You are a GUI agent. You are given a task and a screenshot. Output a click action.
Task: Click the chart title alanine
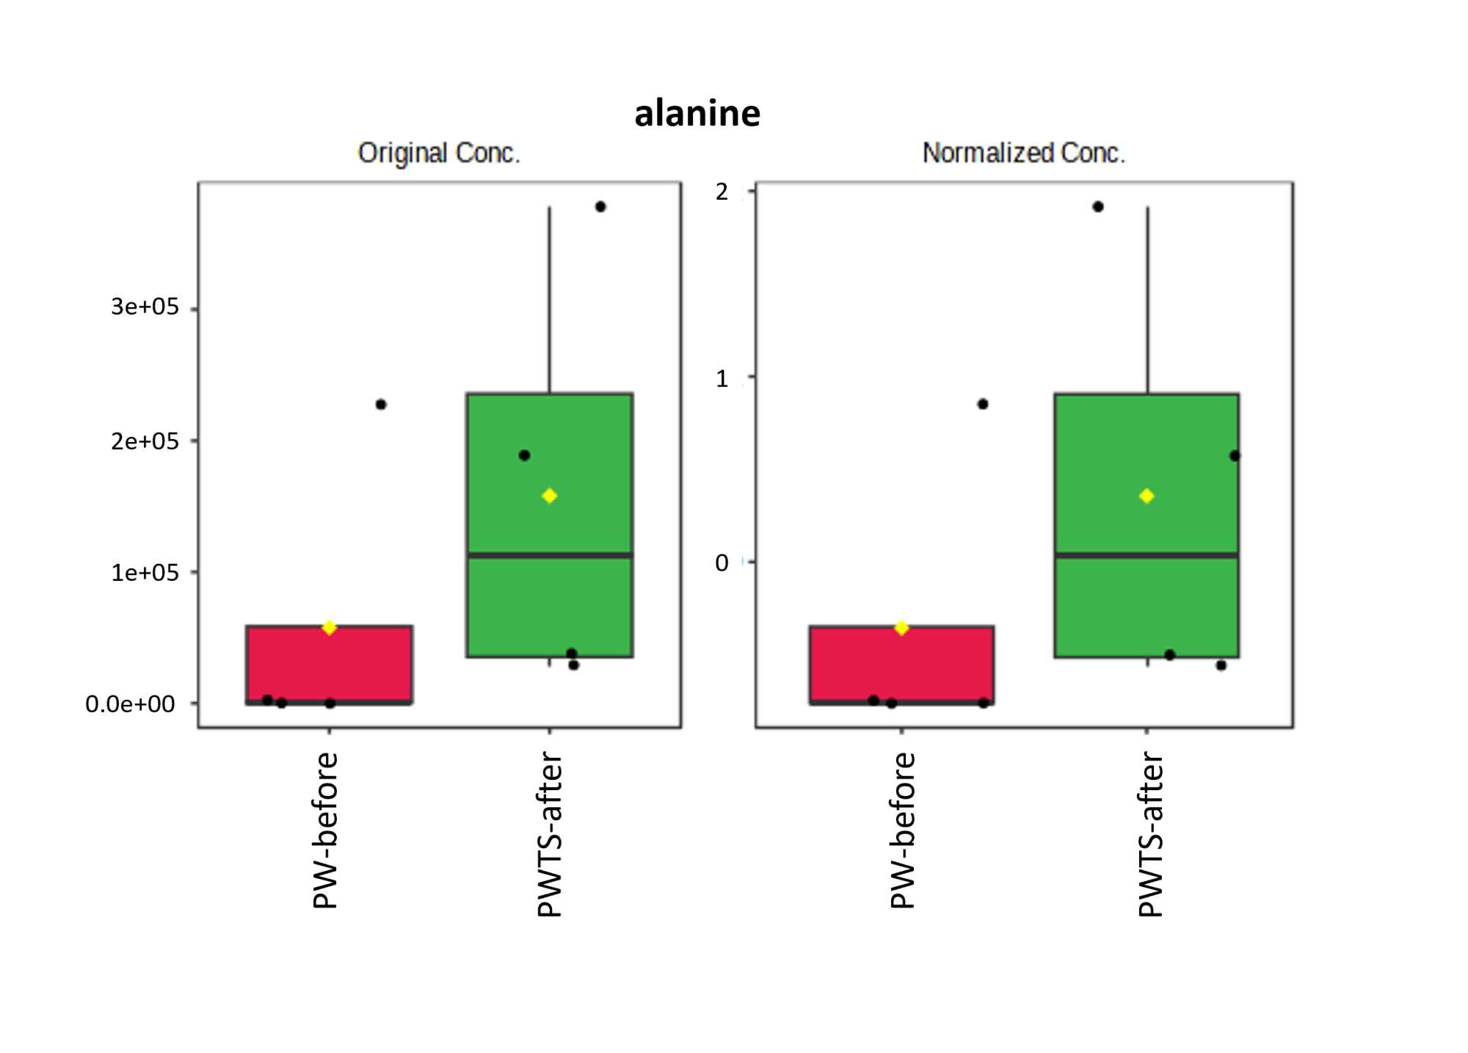pyautogui.click(x=697, y=114)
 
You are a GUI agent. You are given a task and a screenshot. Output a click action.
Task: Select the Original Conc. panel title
pyautogui.click(x=438, y=153)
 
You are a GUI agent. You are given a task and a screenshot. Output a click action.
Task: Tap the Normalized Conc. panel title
pyautogui.click(x=1023, y=153)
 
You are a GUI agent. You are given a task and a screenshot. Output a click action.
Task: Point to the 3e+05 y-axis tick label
pyautogui.click(x=145, y=307)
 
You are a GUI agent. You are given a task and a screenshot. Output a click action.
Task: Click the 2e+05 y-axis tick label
pyautogui.click(x=145, y=441)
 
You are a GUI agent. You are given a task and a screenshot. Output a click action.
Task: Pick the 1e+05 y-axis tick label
pyautogui.click(x=145, y=573)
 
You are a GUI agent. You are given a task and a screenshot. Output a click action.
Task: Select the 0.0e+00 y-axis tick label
pyautogui.click(x=130, y=704)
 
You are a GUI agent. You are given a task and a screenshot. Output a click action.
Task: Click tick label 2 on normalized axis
pyautogui.click(x=722, y=192)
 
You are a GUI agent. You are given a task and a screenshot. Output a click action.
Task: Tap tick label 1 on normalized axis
pyautogui.click(x=722, y=379)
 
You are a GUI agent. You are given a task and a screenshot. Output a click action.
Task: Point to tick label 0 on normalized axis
pyautogui.click(x=722, y=563)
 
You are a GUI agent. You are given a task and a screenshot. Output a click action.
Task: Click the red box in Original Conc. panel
pyautogui.click(x=329, y=665)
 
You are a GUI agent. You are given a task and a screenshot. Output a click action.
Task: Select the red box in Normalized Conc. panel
pyautogui.click(x=901, y=665)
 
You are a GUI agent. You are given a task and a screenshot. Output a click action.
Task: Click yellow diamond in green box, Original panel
pyautogui.click(x=549, y=496)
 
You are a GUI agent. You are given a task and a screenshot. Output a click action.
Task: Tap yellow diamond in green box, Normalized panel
pyautogui.click(x=1147, y=496)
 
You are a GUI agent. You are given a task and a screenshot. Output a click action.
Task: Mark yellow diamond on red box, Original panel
pyautogui.click(x=329, y=627)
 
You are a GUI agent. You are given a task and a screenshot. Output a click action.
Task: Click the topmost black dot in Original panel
pyautogui.click(x=600, y=207)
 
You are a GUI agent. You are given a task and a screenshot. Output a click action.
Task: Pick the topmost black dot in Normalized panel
pyautogui.click(x=1098, y=207)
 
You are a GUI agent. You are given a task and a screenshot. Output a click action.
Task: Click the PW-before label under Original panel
pyautogui.click(x=325, y=830)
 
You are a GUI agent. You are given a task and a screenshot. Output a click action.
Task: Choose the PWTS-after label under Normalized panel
pyautogui.click(x=1150, y=834)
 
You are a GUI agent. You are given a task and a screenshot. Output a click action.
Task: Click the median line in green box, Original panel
pyautogui.click(x=549, y=555)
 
